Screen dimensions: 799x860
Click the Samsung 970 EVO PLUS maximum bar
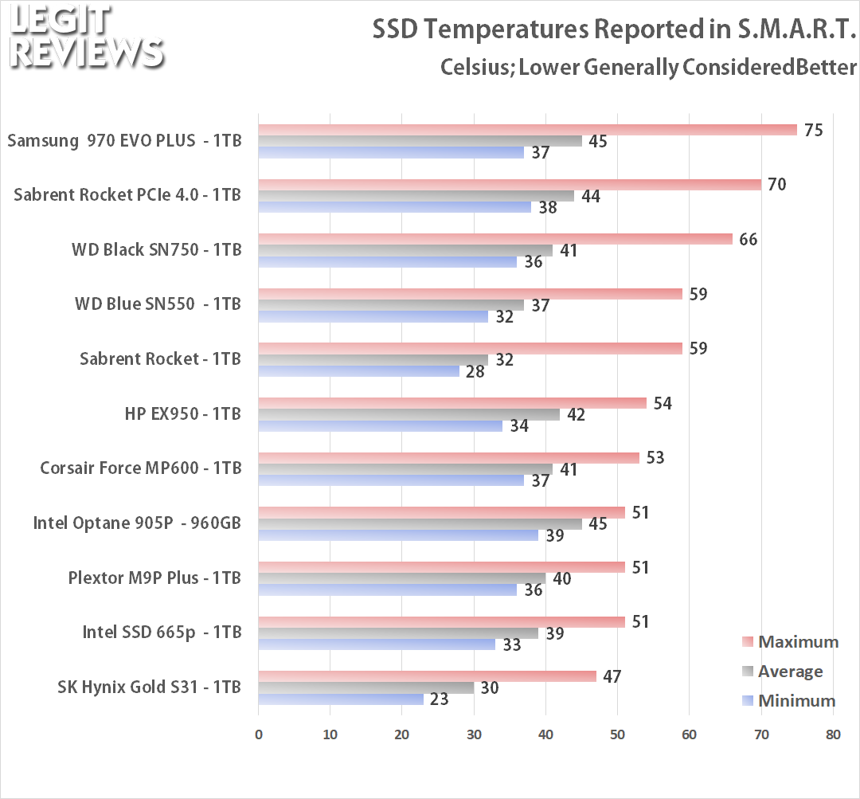527,130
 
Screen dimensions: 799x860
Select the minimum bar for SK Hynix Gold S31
341,699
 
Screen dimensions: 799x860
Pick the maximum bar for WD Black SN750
495,239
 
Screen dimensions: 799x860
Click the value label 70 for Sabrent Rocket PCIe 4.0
776,185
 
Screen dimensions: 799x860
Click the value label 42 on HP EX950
576,415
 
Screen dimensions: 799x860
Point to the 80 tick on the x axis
833,734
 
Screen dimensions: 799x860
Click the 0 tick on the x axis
259,734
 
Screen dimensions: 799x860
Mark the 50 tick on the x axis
617,734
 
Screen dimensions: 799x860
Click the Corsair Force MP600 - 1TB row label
140,468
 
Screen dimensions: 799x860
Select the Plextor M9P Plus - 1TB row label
154,578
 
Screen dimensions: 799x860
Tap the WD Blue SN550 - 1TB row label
158,304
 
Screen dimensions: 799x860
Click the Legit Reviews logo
86,36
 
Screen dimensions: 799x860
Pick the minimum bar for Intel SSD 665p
377,644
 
